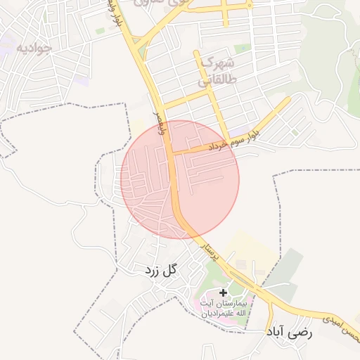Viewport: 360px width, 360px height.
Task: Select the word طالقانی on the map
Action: [214, 82]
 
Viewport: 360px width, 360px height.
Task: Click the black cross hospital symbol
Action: [224, 292]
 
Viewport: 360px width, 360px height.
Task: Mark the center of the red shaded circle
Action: [180, 179]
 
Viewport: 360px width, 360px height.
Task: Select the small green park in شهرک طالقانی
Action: [243, 49]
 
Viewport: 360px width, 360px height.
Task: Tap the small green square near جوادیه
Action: [100, 31]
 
